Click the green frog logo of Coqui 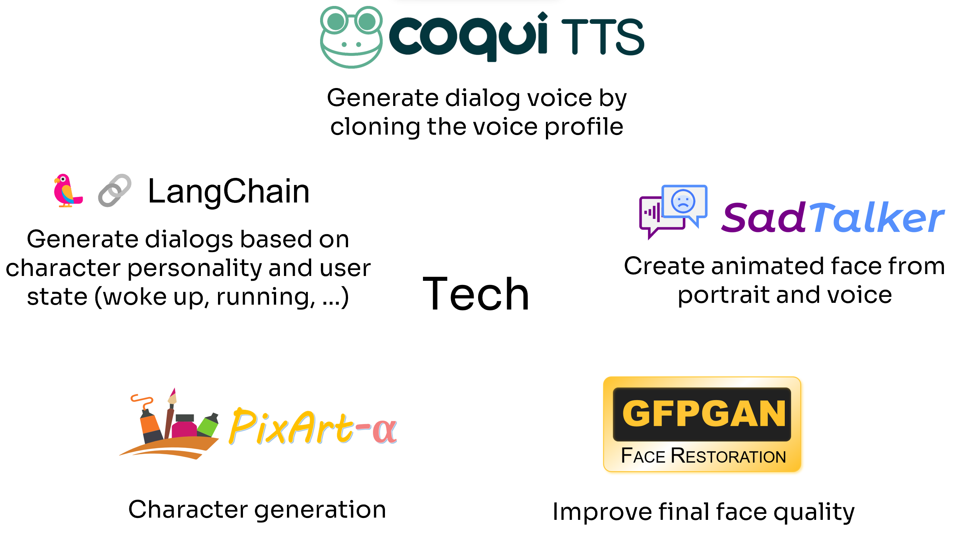[x=351, y=37]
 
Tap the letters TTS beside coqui [x=603, y=37]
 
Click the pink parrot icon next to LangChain [x=67, y=190]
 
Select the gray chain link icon [x=114, y=190]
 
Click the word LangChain [x=229, y=192]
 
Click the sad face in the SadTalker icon [x=683, y=201]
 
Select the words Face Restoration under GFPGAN [x=703, y=456]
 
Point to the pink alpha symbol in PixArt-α [x=384, y=431]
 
